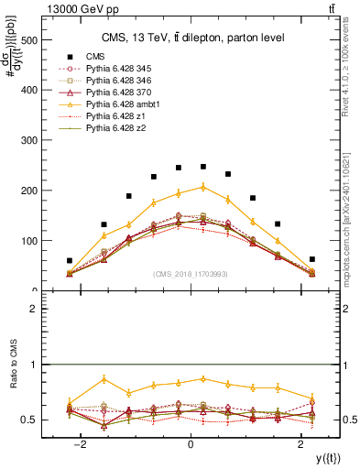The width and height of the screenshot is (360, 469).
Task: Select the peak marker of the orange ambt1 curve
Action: [x=203, y=187]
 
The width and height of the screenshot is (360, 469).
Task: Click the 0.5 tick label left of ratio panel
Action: [x=27, y=420]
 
